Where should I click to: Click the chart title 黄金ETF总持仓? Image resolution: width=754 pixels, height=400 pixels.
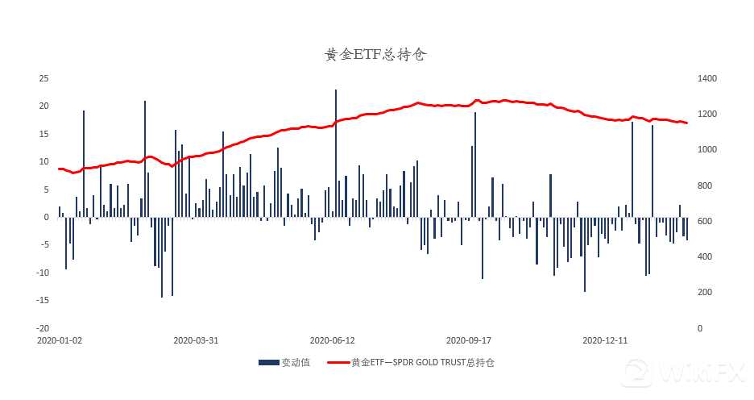tap(375, 55)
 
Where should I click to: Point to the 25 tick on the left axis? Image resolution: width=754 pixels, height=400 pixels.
tap(44, 78)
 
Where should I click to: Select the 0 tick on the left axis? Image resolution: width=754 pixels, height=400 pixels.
tap(47, 217)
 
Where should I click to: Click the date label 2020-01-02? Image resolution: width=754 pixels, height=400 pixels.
tap(60, 340)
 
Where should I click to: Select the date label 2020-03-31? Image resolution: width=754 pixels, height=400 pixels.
tap(196, 340)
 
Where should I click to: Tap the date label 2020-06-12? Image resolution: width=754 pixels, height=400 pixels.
tap(332, 340)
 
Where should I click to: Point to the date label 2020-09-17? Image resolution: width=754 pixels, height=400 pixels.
tap(468, 340)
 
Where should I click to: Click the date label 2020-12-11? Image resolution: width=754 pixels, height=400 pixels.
tap(604, 340)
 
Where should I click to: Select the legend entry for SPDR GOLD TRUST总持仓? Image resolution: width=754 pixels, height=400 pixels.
tap(422, 363)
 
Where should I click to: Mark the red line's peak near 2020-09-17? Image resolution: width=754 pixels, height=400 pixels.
tap(477, 100)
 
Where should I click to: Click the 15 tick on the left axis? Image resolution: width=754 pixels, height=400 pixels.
tap(44, 134)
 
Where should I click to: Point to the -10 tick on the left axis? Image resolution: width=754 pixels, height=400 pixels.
tap(43, 273)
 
